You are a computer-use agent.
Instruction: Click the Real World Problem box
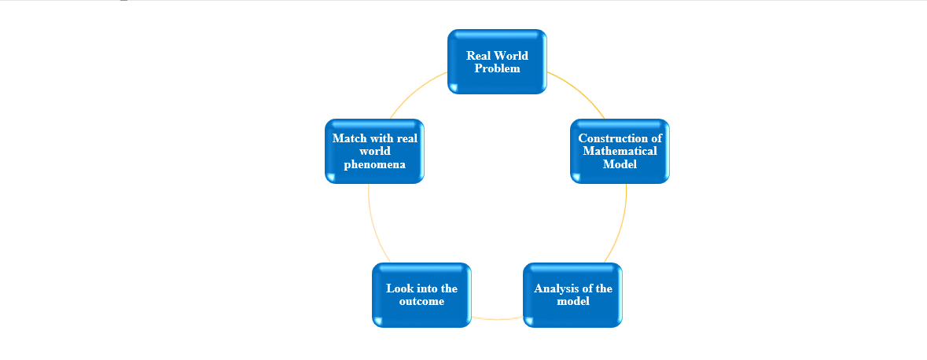(x=497, y=61)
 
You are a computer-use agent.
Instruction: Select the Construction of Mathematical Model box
(x=620, y=152)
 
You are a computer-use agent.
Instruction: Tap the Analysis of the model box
(x=573, y=295)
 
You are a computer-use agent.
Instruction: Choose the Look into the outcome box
(x=421, y=295)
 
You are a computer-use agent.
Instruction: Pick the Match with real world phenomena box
(x=375, y=152)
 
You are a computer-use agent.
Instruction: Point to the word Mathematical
(x=620, y=151)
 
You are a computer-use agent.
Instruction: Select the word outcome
(x=421, y=302)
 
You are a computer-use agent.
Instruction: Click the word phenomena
(x=375, y=164)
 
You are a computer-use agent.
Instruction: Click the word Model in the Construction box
(x=620, y=163)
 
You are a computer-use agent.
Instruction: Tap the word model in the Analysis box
(x=573, y=302)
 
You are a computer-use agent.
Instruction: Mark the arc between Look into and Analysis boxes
(x=497, y=319)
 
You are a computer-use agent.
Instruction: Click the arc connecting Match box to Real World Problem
(x=416, y=91)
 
